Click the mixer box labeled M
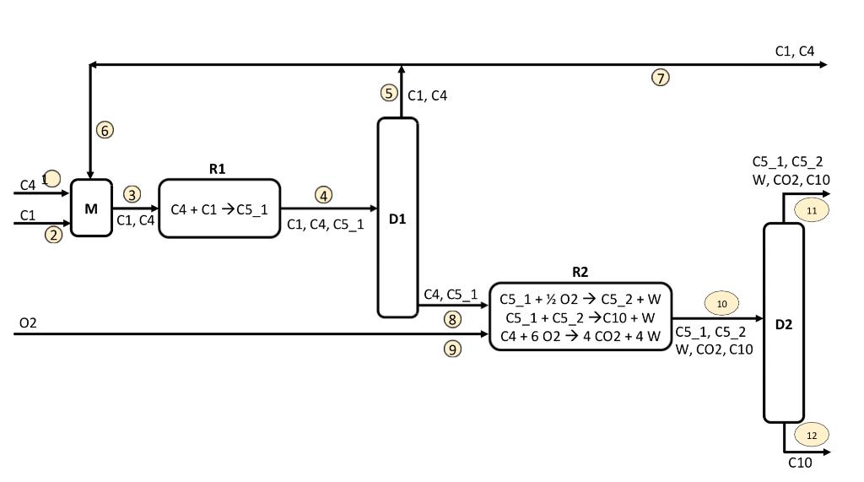[x=91, y=208]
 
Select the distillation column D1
[x=397, y=218]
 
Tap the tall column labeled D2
[x=784, y=322]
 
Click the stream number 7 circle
[x=661, y=78]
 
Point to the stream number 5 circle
[x=388, y=93]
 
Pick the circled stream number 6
[x=105, y=130]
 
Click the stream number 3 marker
[x=132, y=194]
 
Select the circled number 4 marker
[x=324, y=195]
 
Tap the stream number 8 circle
[x=453, y=319]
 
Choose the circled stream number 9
[x=453, y=349]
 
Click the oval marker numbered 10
[x=721, y=304]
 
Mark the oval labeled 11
[x=812, y=210]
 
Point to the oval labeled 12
[x=812, y=436]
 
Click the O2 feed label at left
[x=28, y=323]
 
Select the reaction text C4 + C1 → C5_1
[x=219, y=209]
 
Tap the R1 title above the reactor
[x=218, y=169]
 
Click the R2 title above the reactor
[x=580, y=272]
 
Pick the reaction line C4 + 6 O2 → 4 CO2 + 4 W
[x=580, y=336]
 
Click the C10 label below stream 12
[x=800, y=463]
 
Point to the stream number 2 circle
[x=54, y=235]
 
